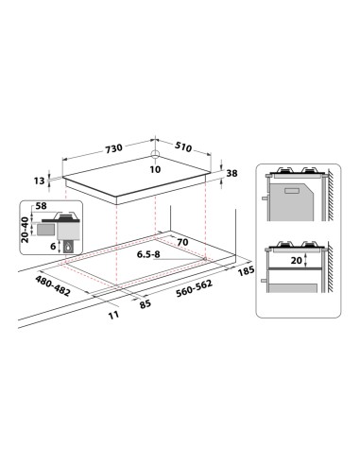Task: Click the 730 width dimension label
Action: [x=113, y=149]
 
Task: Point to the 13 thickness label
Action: [x=38, y=181]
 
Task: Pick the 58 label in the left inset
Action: [x=40, y=205]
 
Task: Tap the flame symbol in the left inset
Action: [x=70, y=247]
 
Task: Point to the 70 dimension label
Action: [x=183, y=243]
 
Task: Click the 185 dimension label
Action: [x=248, y=272]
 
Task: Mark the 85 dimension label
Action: [x=145, y=304]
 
